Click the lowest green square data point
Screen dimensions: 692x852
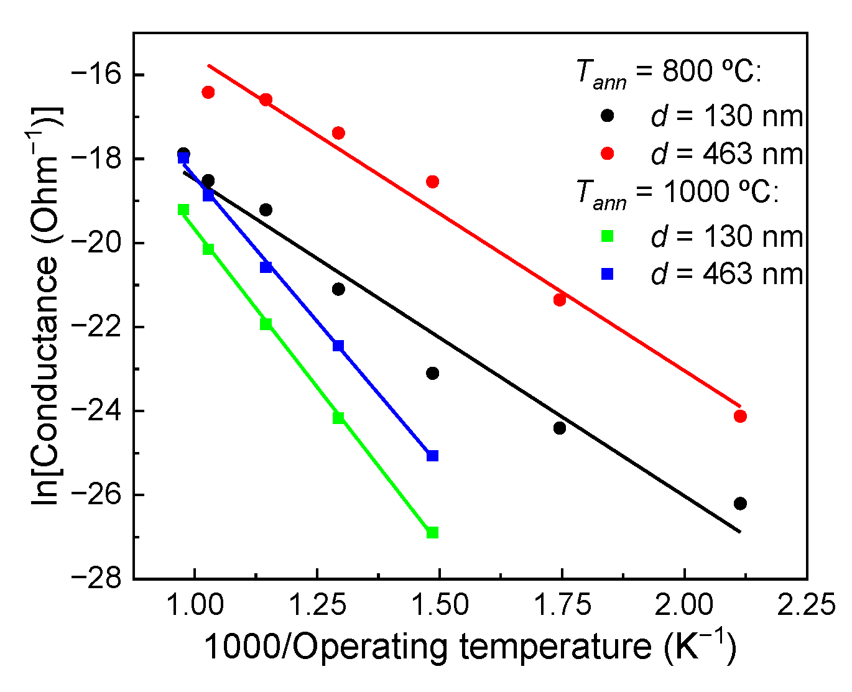[x=432, y=532]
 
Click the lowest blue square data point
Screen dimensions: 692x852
[x=432, y=456]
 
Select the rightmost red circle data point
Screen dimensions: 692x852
[x=740, y=416]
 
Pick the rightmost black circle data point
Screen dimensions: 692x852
[x=740, y=504]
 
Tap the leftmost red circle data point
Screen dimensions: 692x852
[x=208, y=92]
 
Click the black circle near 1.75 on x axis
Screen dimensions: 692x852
[x=560, y=428]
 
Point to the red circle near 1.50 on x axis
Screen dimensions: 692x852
[x=432, y=182]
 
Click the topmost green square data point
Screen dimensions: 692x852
[x=183, y=210]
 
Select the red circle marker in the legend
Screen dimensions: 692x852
[x=608, y=154]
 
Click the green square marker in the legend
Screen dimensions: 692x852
[x=608, y=236]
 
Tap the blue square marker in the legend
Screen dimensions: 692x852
[x=608, y=274]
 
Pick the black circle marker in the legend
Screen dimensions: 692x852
[x=608, y=116]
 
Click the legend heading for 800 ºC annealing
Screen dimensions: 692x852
[x=669, y=73]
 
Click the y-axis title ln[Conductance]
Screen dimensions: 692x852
[x=47, y=305]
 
